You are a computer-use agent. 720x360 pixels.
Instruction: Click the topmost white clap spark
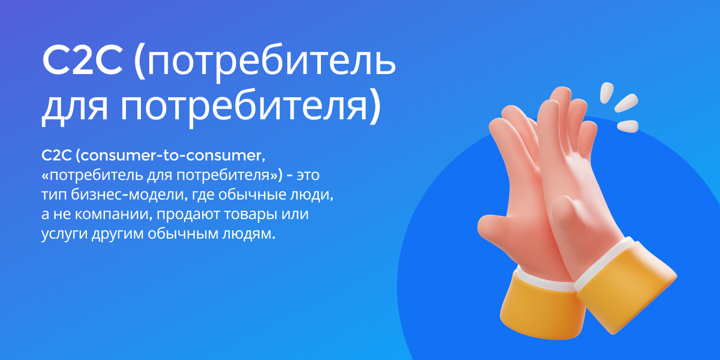tap(607, 93)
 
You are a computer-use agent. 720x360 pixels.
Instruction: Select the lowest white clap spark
tap(627, 125)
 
